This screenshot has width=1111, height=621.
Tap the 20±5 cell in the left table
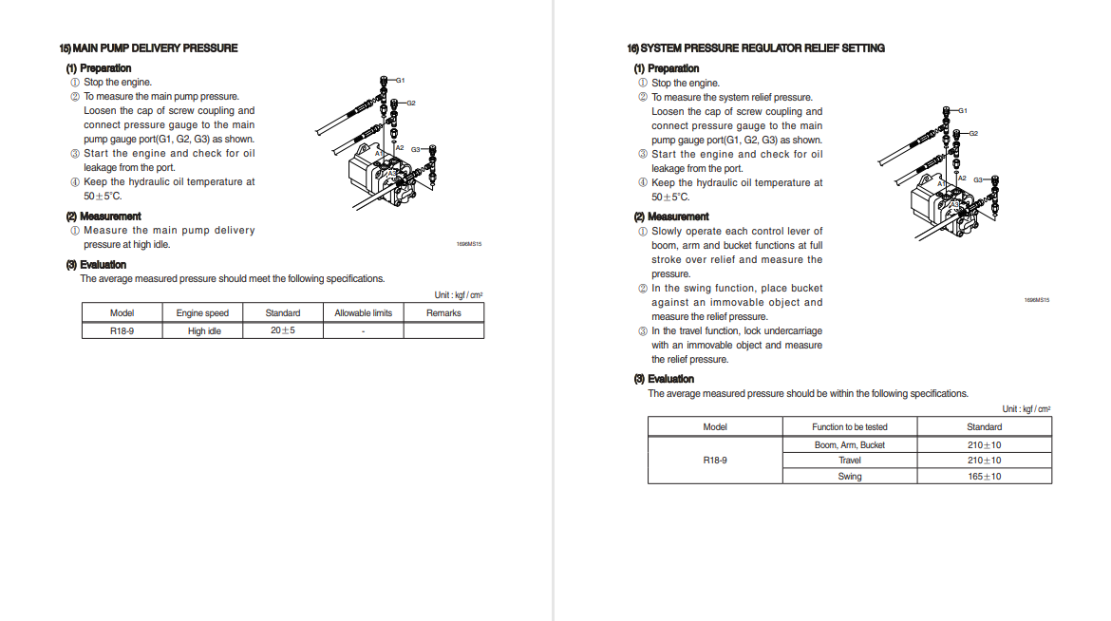pyautogui.click(x=283, y=330)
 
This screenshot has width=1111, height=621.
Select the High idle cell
pyautogui.click(x=203, y=331)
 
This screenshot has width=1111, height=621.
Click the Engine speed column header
pyautogui.click(x=202, y=313)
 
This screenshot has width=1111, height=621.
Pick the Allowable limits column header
pyautogui.click(x=363, y=313)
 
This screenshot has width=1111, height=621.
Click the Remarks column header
pyautogui.click(x=443, y=313)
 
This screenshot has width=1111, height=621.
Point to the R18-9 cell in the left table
pyautogui.click(x=122, y=331)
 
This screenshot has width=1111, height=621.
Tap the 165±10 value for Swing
pyautogui.click(x=984, y=476)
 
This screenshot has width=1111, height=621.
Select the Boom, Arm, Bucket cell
pyautogui.click(x=849, y=444)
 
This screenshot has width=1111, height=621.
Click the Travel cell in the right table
pyautogui.click(x=849, y=461)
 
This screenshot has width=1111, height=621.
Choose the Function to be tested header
pyautogui.click(x=849, y=427)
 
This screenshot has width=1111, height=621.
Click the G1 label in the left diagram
pyautogui.click(x=400, y=80)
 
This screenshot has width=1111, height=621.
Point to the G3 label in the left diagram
pyautogui.click(x=416, y=149)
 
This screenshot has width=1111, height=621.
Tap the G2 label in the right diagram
pyautogui.click(x=973, y=134)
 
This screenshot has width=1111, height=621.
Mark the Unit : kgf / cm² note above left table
pyautogui.click(x=459, y=295)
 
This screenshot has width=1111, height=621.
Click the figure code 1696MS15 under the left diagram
pyautogui.click(x=469, y=244)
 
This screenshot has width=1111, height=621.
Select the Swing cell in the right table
pyautogui.click(x=849, y=477)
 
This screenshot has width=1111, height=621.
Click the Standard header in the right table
pyautogui.click(x=984, y=427)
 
